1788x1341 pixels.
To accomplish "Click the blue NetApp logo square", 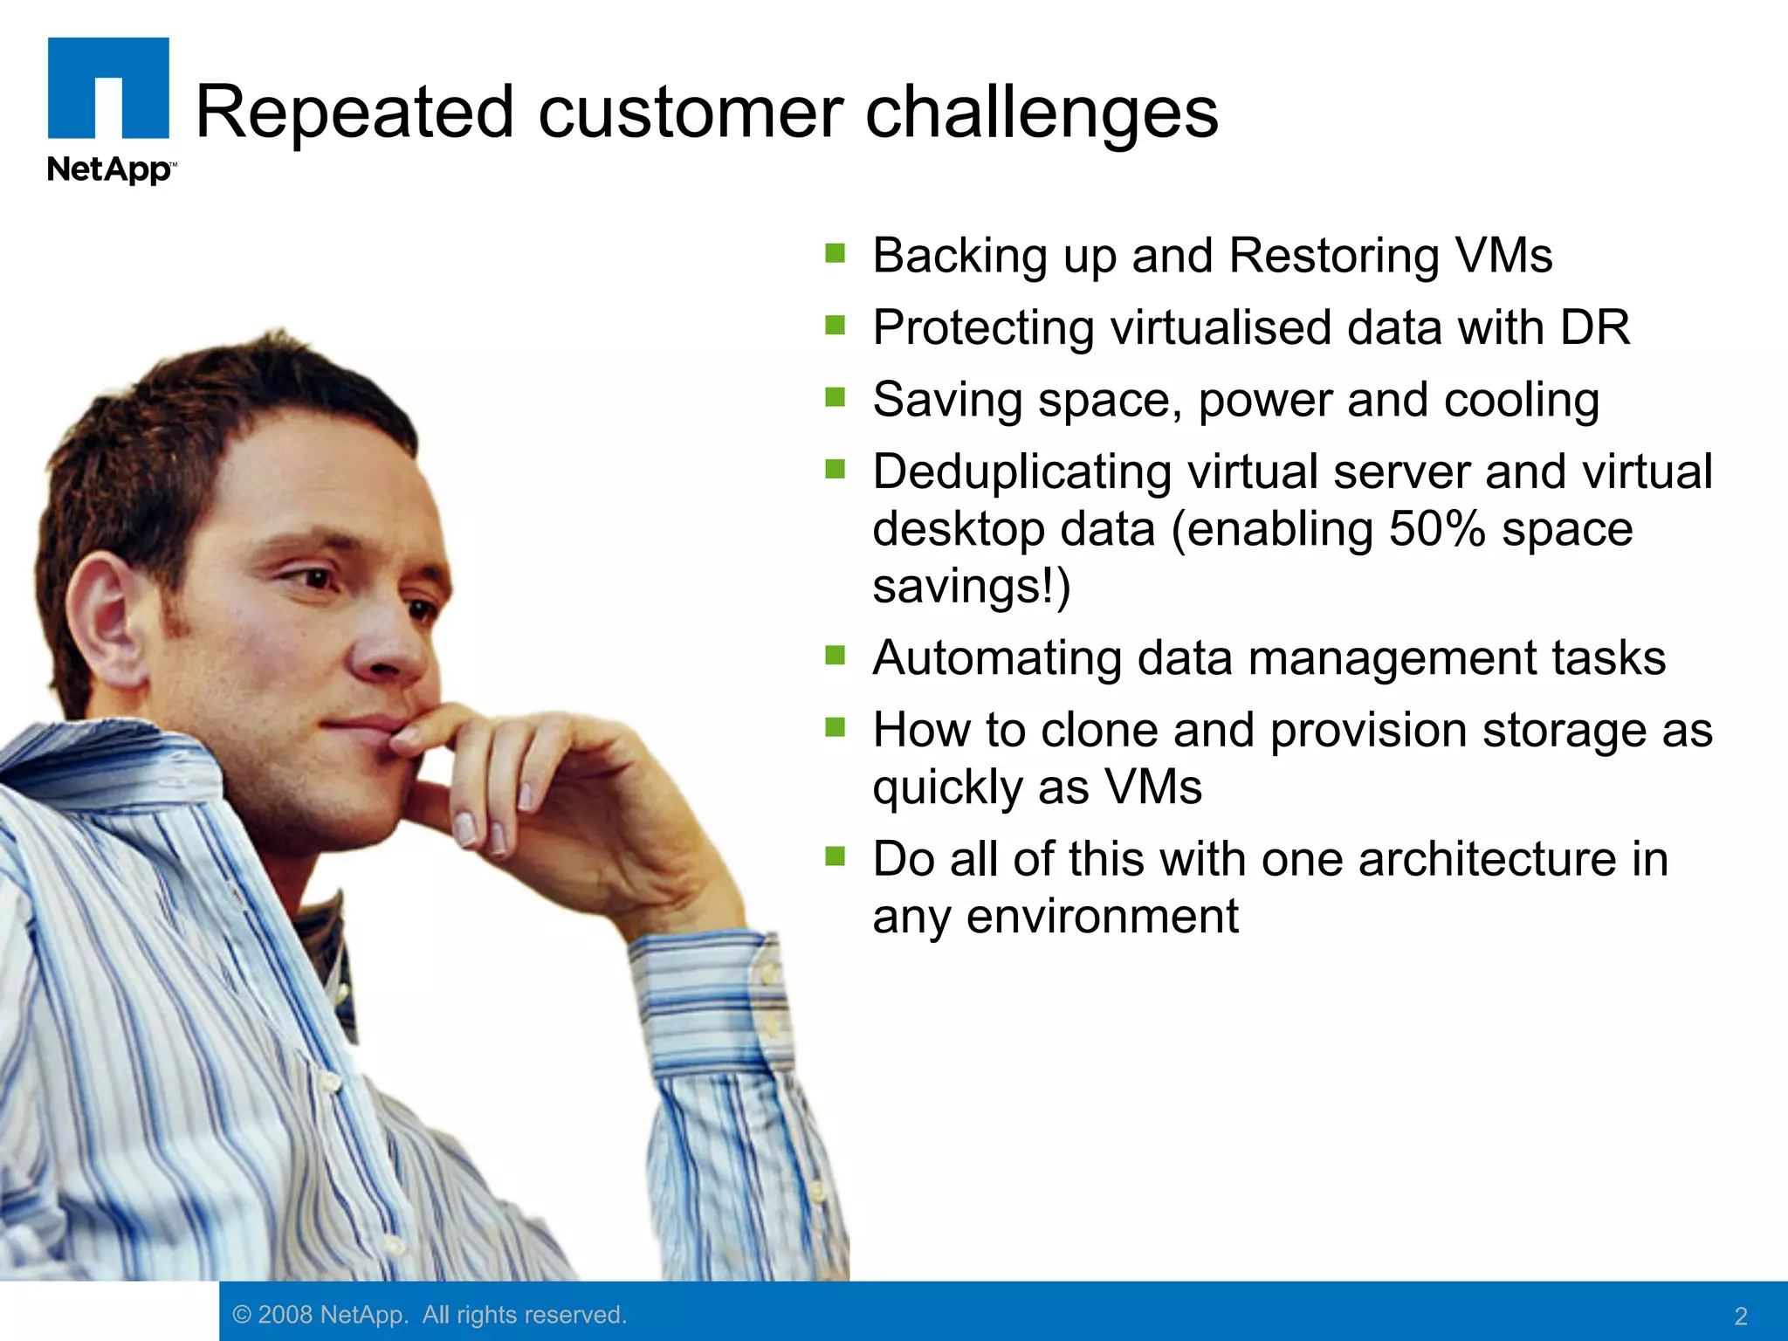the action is click(108, 87).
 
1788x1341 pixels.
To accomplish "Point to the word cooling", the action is click(1522, 401).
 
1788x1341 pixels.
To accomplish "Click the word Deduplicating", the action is click(1021, 472).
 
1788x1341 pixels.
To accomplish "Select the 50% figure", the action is click(1436, 529).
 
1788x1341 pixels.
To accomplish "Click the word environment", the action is click(1102, 917).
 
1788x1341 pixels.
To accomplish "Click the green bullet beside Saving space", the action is click(836, 398).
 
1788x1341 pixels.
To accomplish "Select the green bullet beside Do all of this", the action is click(836, 856).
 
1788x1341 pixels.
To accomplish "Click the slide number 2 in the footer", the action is click(1740, 1316).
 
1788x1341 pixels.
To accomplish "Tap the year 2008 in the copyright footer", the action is click(285, 1315).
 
